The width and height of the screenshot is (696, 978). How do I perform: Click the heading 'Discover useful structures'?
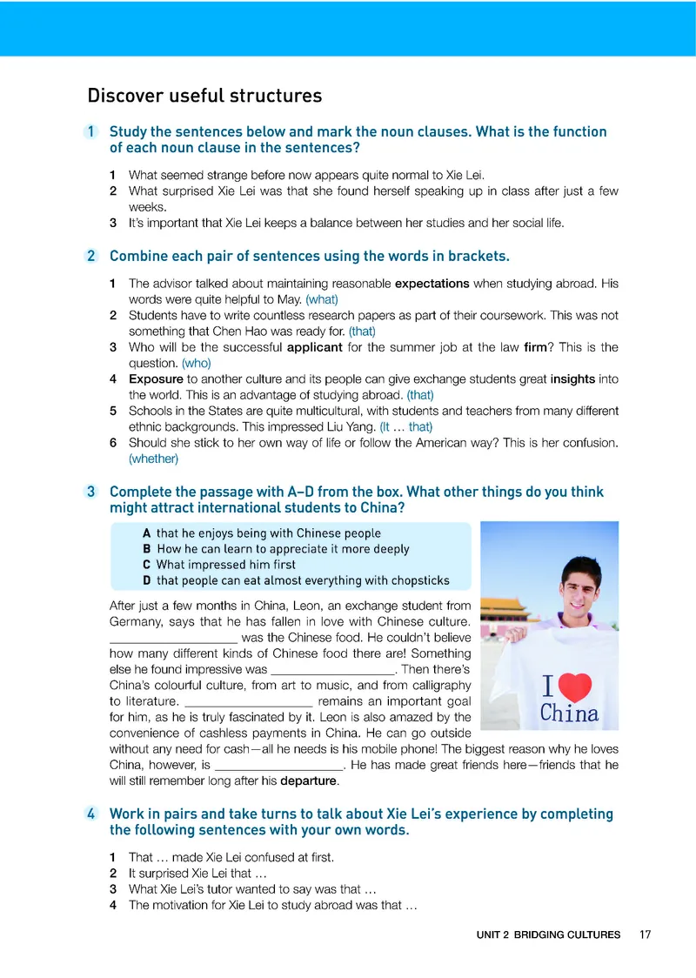tap(204, 96)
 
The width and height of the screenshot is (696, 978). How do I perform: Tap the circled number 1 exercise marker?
tap(91, 132)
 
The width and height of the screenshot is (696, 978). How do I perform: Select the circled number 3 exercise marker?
tap(91, 492)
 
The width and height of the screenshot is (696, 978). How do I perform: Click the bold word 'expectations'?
tap(432, 283)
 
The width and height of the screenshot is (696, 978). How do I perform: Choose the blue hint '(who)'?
tap(197, 364)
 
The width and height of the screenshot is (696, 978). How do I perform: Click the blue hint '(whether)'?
tap(153, 459)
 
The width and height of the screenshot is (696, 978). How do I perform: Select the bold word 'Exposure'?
tap(156, 379)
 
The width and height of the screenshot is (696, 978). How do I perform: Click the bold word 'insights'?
tap(574, 379)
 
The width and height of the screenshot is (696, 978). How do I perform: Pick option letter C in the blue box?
tap(147, 565)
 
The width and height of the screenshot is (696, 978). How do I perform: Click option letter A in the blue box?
tap(147, 533)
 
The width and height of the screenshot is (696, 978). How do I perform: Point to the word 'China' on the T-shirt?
tap(569, 714)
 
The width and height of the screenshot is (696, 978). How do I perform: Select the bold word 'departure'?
tap(308, 780)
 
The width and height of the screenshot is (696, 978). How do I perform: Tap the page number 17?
tap(645, 934)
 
